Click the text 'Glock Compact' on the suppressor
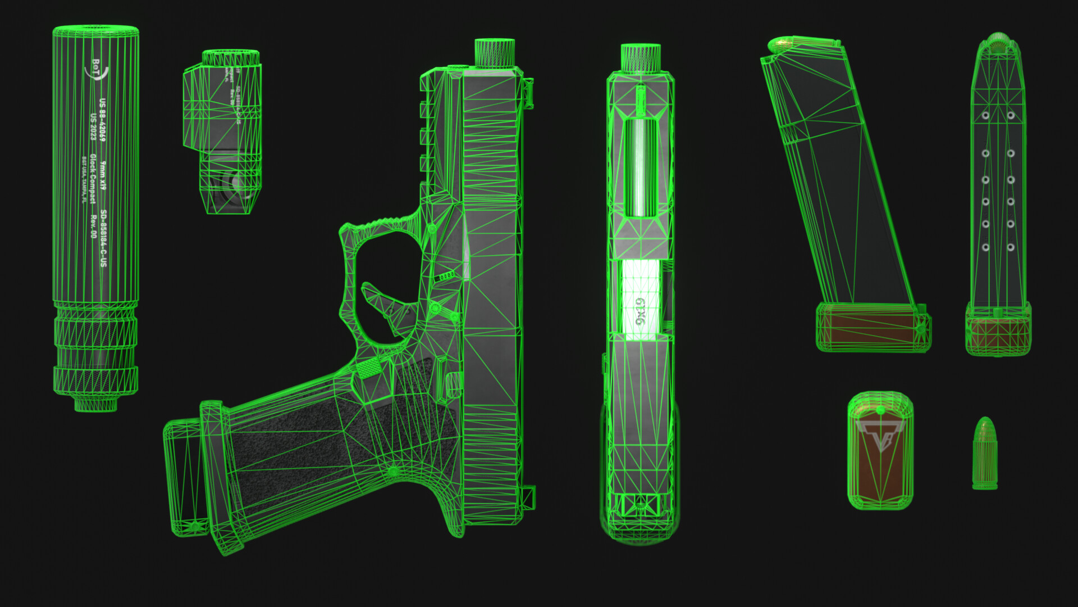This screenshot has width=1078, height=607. tap(93, 179)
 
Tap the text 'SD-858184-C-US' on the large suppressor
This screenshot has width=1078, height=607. tap(104, 239)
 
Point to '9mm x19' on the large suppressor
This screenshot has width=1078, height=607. tap(103, 175)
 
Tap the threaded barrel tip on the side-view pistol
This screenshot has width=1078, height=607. tap(495, 53)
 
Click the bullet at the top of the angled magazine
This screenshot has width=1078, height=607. tap(780, 44)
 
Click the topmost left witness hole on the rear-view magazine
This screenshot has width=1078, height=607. tap(985, 116)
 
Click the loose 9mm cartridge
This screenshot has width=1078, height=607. tap(984, 453)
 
